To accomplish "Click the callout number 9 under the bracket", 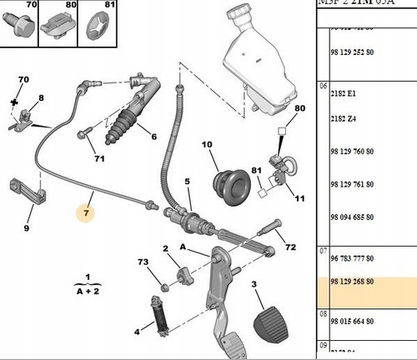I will [27, 228].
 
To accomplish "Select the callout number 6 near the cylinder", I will [153, 137].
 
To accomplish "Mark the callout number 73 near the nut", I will [144, 262].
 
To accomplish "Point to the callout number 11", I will [300, 198].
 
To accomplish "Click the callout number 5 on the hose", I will [188, 182].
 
